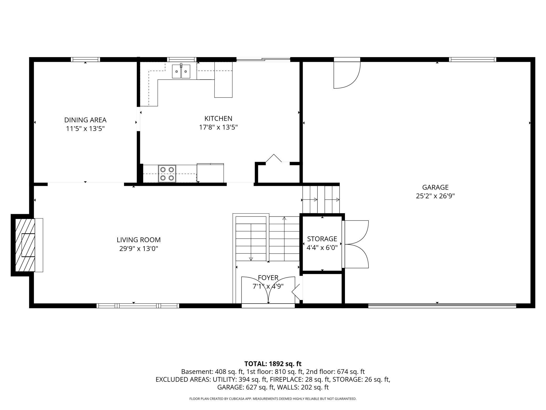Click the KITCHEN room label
click(218, 119)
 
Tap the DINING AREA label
click(85, 120)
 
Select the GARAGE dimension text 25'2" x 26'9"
click(435, 196)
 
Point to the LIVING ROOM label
click(139, 240)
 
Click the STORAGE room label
click(322, 239)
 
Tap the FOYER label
click(268, 278)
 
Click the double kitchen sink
click(181, 71)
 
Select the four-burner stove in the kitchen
click(167, 174)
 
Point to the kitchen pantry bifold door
click(274, 159)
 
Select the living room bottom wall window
click(138, 306)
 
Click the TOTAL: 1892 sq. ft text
click(273, 364)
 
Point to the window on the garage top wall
click(472, 60)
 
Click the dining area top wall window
click(86, 60)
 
